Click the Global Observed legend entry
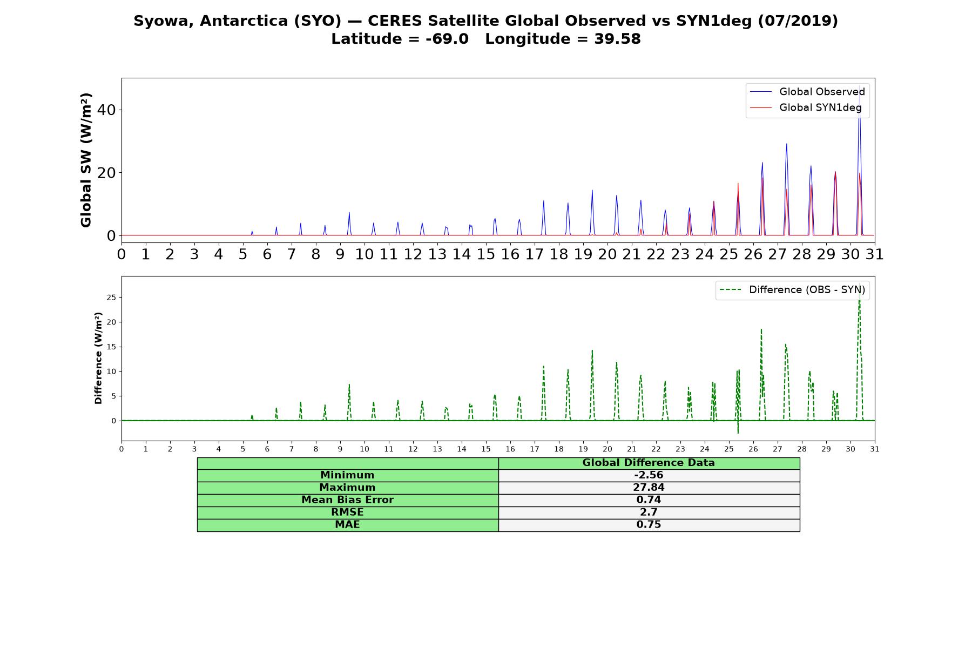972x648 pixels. point(808,92)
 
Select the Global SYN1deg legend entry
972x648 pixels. point(806,107)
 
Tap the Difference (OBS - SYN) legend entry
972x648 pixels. point(793,290)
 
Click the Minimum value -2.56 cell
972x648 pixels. point(649,475)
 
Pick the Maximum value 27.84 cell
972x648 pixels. point(649,488)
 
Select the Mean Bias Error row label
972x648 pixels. point(348,500)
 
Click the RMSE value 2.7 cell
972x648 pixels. point(649,512)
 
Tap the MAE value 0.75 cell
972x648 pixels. point(649,525)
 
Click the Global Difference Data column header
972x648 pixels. point(649,463)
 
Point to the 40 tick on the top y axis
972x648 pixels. point(106,110)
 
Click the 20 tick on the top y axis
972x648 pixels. point(106,173)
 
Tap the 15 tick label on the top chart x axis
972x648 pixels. point(486,254)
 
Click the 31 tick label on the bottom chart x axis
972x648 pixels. point(875,449)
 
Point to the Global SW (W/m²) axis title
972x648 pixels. point(86,160)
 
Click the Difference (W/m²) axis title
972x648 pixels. point(98,358)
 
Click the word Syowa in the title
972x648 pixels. point(164,21)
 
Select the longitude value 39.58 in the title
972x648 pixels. point(617,39)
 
